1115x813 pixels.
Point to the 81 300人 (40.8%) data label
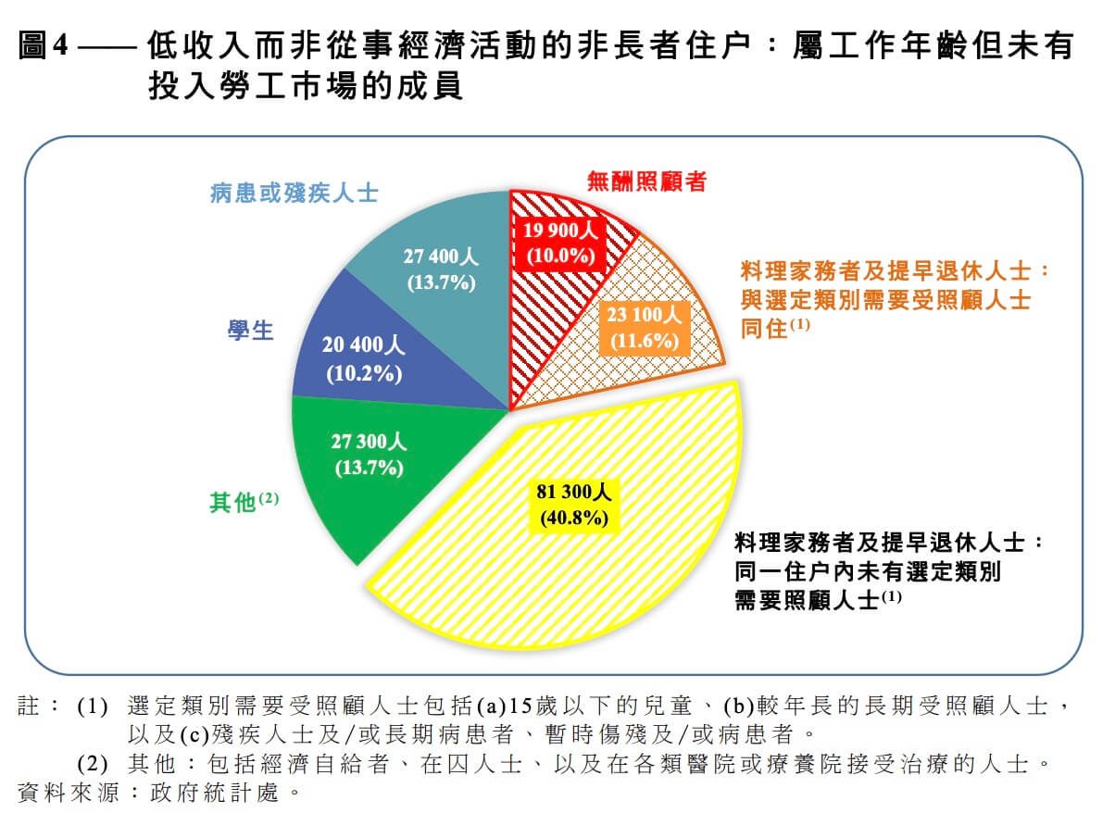tap(574, 504)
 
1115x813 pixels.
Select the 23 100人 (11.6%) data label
tap(645, 328)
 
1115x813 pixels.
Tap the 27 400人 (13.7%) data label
tap(441, 269)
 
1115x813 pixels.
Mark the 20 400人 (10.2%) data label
tap(363, 359)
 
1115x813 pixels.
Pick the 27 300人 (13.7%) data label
tap(368, 454)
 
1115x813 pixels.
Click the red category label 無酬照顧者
tap(646, 181)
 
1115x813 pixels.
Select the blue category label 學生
tap(251, 330)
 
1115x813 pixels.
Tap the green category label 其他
tap(232, 503)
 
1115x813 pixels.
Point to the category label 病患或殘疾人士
tap(294, 193)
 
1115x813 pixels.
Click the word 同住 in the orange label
tap(763, 328)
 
